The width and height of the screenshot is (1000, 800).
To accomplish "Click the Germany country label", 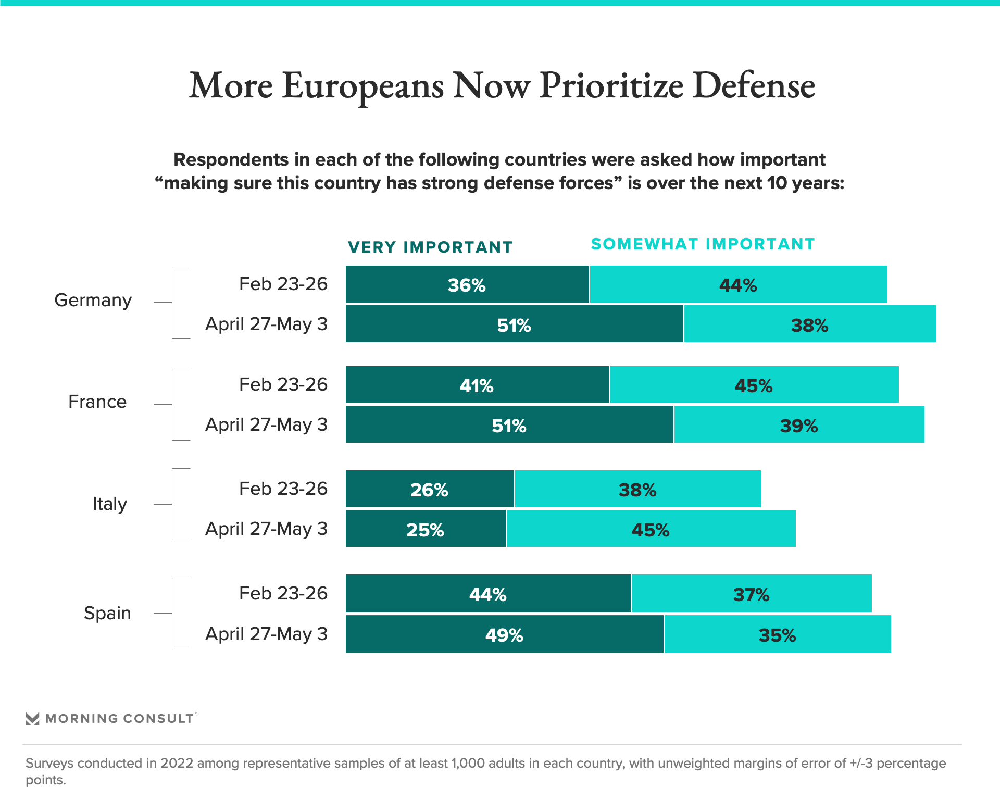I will point(93,301).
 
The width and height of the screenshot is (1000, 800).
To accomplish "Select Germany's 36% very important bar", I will point(467,284).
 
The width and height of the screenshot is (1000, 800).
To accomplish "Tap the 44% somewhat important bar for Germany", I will point(738,284).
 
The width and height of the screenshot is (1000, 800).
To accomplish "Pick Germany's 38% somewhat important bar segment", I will point(809,324).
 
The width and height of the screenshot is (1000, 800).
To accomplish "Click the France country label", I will point(97,402).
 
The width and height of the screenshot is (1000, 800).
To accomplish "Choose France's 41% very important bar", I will point(477,385).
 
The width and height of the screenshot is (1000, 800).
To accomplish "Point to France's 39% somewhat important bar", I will point(799,425).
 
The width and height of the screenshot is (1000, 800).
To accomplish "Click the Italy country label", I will point(109,504).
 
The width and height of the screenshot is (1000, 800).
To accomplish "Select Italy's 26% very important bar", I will point(429,489).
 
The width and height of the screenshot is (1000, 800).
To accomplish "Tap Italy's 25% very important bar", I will point(425,529).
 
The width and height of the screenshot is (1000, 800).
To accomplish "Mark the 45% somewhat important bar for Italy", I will point(651,529).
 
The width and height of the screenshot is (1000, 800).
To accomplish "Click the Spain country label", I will point(107,613).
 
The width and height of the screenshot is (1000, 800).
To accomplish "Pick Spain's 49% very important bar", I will point(504,634).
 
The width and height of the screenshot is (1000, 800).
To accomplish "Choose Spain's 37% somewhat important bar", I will point(751,594).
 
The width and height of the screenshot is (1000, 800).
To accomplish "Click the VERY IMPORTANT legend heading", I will point(430,247).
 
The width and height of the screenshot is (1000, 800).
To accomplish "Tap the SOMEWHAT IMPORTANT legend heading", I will point(703,244).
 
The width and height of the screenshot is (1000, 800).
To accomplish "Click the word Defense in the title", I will point(754,86).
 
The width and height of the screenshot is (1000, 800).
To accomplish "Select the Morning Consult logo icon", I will point(32,719).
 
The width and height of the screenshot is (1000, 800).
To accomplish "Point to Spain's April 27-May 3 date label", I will point(266,634).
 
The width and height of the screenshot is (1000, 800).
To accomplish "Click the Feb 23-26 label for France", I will point(283,385).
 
